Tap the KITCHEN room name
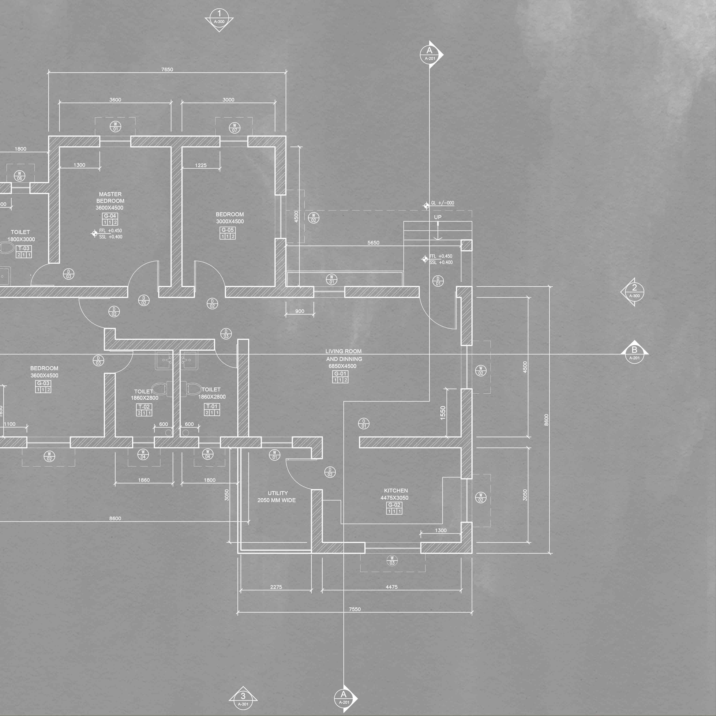[x=396, y=490]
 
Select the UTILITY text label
[x=278, y=493]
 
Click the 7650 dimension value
[x=167, y=69]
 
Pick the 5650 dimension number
[x=373, y=243]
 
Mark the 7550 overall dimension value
[x=355, y=609]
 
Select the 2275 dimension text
[x=276, y=587]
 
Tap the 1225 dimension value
[x=200, y=165]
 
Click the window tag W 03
[x=392, y=560]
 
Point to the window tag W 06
[x=20, y=176]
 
